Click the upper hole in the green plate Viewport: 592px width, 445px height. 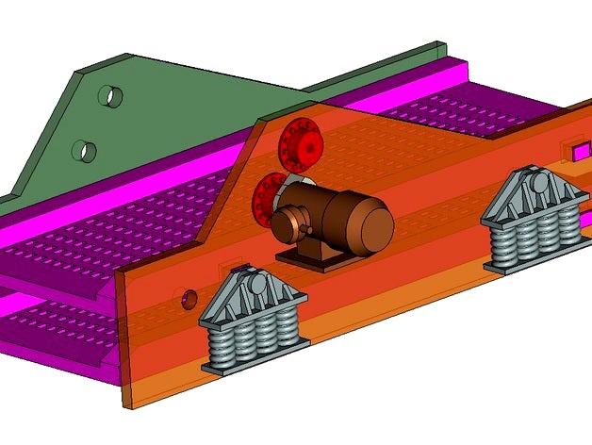tap(110, 96)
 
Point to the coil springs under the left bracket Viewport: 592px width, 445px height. tap(252, 340)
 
